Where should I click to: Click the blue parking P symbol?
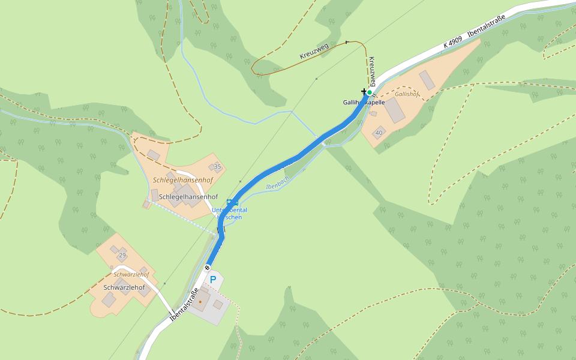tap(212, 279)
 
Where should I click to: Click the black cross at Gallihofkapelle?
tap(364, 91)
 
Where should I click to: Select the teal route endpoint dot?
tap(370, 92)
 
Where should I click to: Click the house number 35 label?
tap(217, 167)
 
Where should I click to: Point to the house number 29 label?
tap(122, 256)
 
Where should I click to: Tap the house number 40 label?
tap(379, 132)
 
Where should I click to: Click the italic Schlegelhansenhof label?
tap(183, 180)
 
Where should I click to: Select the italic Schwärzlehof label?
tap(131, 274)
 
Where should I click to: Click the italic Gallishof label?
tap(406, 94)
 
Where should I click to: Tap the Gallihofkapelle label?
tap(364, 103)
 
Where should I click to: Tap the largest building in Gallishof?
tap(394, 110)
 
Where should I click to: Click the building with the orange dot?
tap(200, 300)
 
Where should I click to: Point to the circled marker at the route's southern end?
tap(208, 268)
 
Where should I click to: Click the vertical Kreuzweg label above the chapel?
tap(372, 71)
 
